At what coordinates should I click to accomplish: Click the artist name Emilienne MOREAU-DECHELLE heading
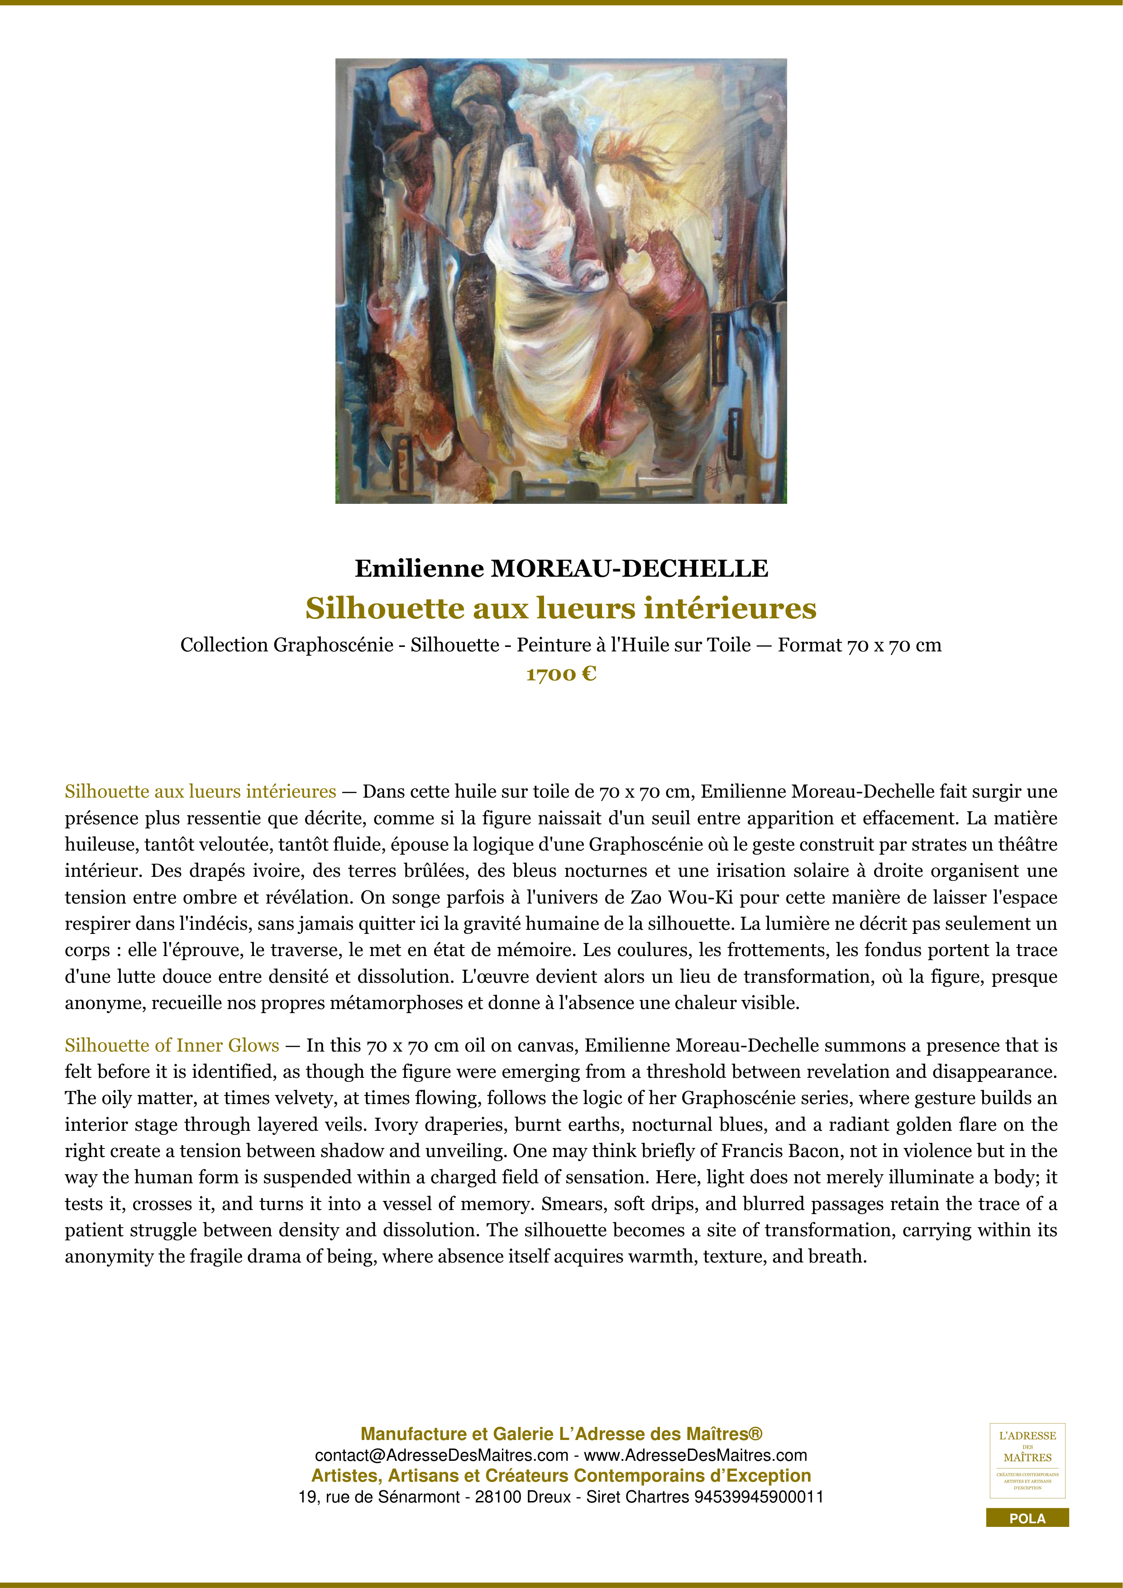click(561, 569)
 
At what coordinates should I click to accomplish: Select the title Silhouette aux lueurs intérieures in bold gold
click(561, 609)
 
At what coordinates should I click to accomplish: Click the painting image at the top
click(561, 281)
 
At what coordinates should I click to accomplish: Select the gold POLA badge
click(1027, 1519)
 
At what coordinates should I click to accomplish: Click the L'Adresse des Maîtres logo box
click(1027, 1461)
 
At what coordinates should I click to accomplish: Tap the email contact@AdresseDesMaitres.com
click(441, 1455)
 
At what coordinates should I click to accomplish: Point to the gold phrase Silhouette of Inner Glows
click(172, 1045)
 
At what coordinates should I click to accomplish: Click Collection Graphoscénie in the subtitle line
click(287, 646)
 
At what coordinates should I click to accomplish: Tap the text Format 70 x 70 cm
click(860, 646)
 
